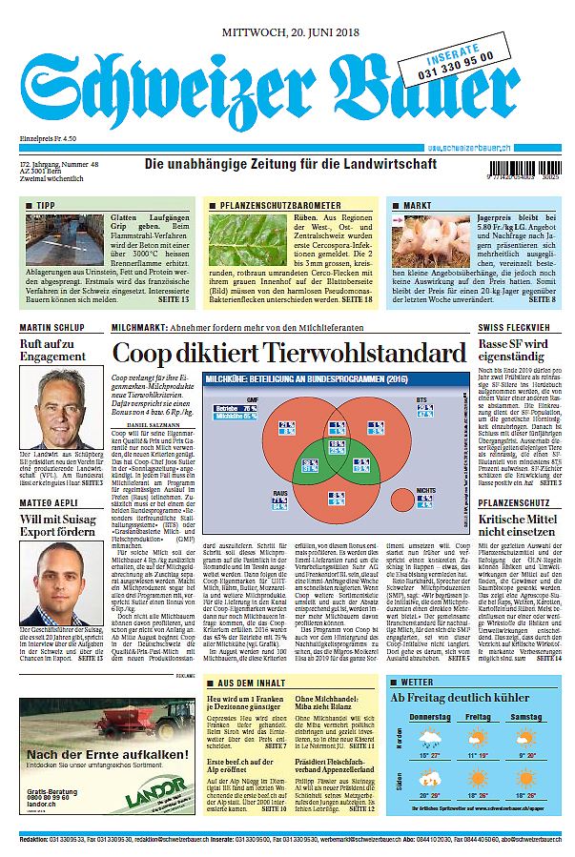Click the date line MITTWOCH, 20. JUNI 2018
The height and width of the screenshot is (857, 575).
point(288,32)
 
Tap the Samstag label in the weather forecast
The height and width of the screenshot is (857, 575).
point(525,716)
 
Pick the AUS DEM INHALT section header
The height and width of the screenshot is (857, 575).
point(252,683)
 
